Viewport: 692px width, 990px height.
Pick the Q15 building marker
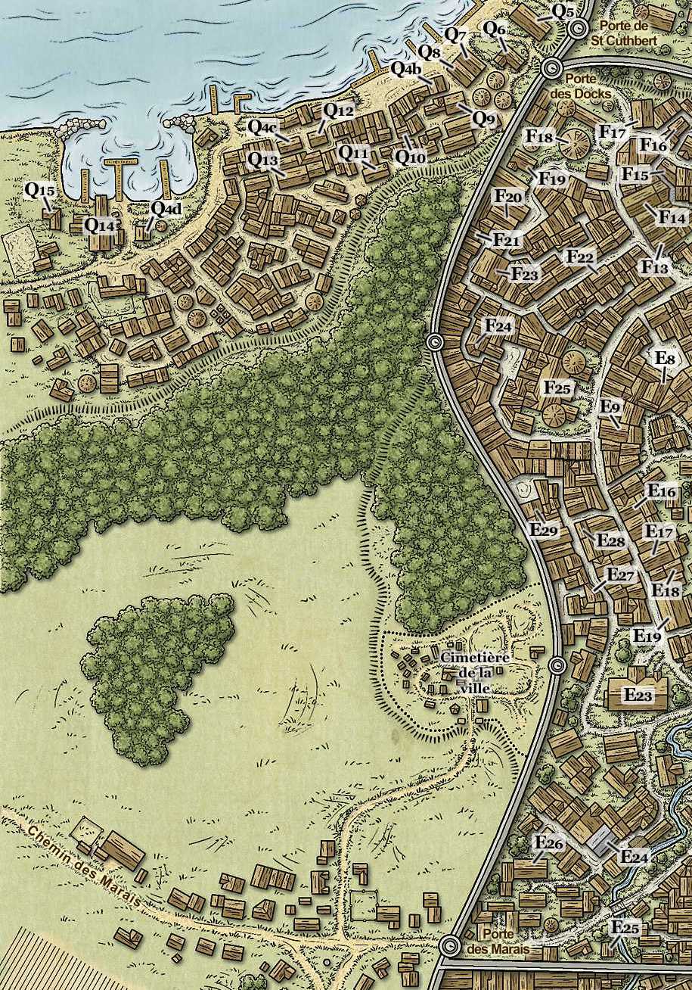pyautogui.click(x=39, y=190)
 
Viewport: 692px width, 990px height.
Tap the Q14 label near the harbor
pyautogui.click(x=100, y=224)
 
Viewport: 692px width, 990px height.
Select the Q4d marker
pyautogui.click(x=166, y=207)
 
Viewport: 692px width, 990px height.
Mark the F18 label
pyautogui.click(x=540, y=137)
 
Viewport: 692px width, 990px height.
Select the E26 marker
pyautogui.click(x=549, y=843)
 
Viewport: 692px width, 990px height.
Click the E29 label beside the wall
pyautogui.click(x=544, y=530)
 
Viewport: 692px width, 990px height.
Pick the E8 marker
pyautogui.click(x=666, y=358)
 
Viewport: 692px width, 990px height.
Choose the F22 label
pyautogui.click(x=580, y=257)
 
